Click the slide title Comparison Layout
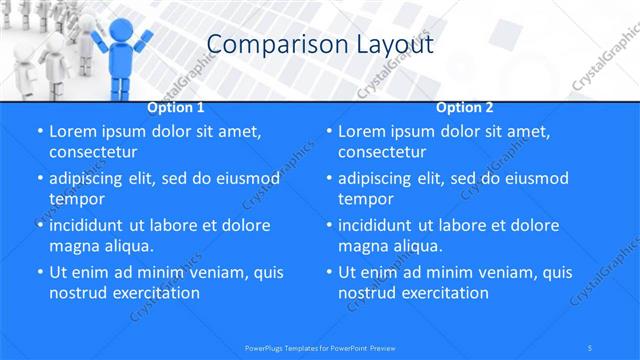pos(319,44)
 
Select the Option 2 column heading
pos(465,107)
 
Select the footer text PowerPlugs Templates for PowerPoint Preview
pos(319,347)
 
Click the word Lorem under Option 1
pos(73,131)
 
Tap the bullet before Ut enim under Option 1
pos(39,272)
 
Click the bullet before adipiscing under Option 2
pos(329,178)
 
